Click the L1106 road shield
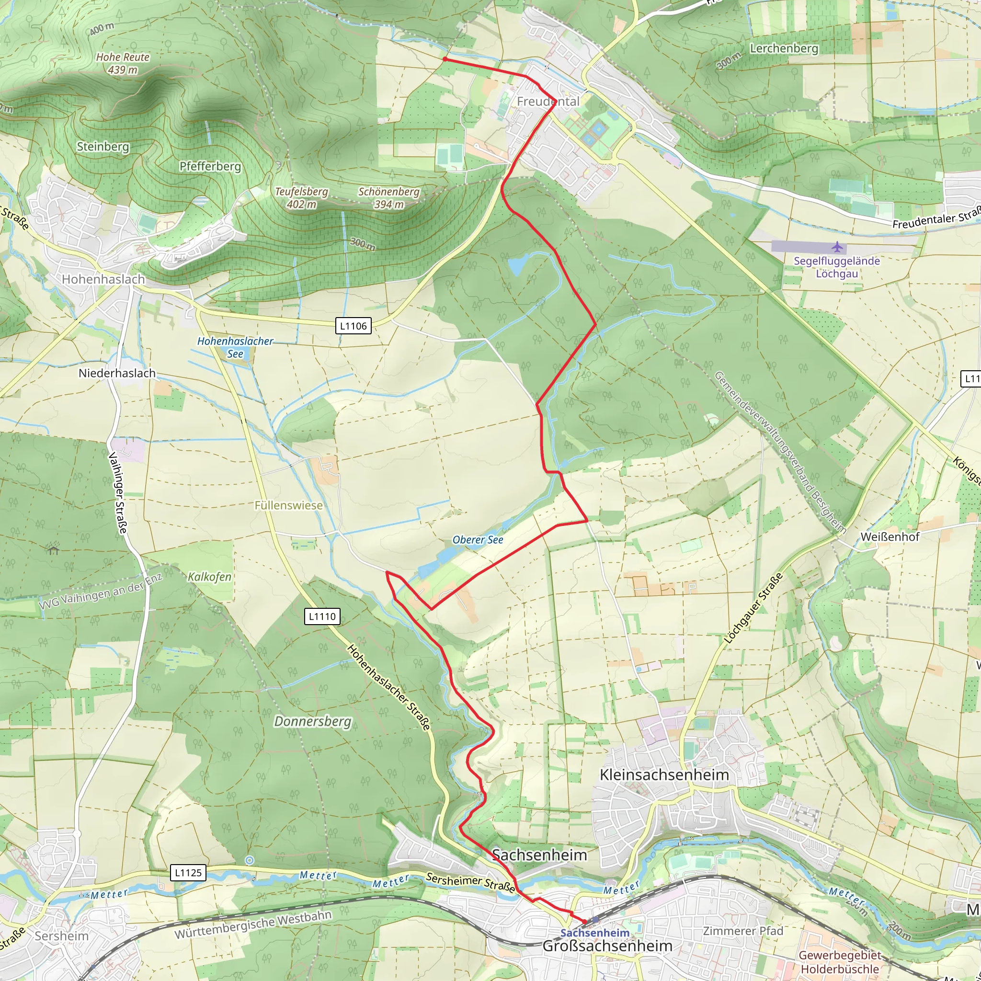click(353, 326)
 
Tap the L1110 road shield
click(322, 616)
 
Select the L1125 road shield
click(188, 873)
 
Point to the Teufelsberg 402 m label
click(302, 198)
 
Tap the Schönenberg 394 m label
click(389, 198)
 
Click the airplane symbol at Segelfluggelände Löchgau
click(837, 247)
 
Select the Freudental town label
click(548, 102)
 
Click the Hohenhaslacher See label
click(235, 347)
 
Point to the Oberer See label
click(478, 540)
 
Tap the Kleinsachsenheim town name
click(664, 775)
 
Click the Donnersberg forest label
click(313, 721)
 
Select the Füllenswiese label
click(288, 505)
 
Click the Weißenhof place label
click(890, 536)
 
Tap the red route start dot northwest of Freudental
click(445, 59)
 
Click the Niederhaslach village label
click(117, 373)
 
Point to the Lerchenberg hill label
click(784, 49)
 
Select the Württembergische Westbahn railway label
click(253, 925)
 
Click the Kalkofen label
click(209, 577)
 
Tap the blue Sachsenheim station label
click(594, 933)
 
